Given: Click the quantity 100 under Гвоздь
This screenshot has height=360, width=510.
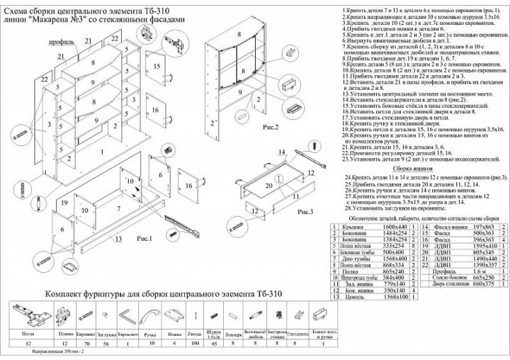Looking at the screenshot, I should click(194, 342).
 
